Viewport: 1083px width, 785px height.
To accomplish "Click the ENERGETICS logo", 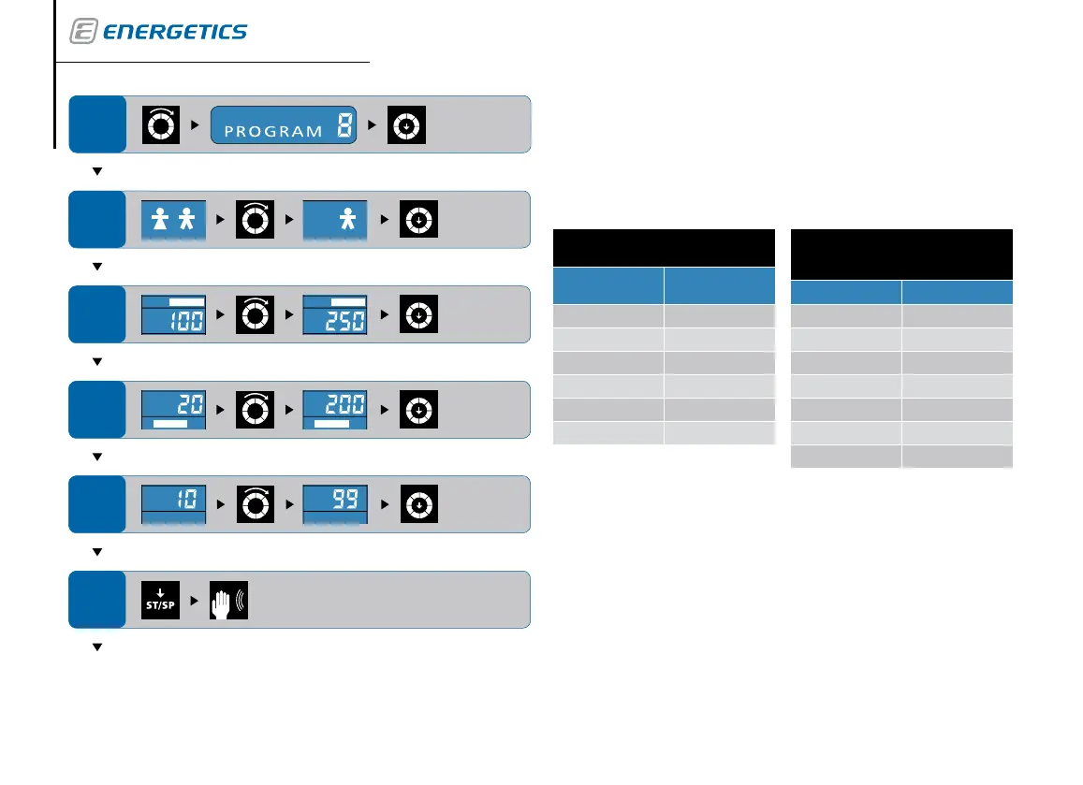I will click(x=158, y=32).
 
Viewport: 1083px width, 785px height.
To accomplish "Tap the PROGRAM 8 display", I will click(x=285, y=125).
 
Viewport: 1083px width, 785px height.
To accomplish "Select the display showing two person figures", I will click(x=173, y=221).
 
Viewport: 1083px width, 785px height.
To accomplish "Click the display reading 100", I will click(x=173, y=315).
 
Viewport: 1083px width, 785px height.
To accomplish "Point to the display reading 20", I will click(x=173, y=411).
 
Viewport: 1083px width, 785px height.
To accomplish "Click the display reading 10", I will click(x=173, y=505).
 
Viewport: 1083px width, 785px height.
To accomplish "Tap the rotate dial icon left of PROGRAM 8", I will click(x=159, y=125).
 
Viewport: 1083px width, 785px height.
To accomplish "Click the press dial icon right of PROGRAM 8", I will click(x=408, y=125).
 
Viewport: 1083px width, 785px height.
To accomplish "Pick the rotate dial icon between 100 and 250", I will click(x=254, y=315).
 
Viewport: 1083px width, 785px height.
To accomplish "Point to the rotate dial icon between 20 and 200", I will click(x=254, y=411).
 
